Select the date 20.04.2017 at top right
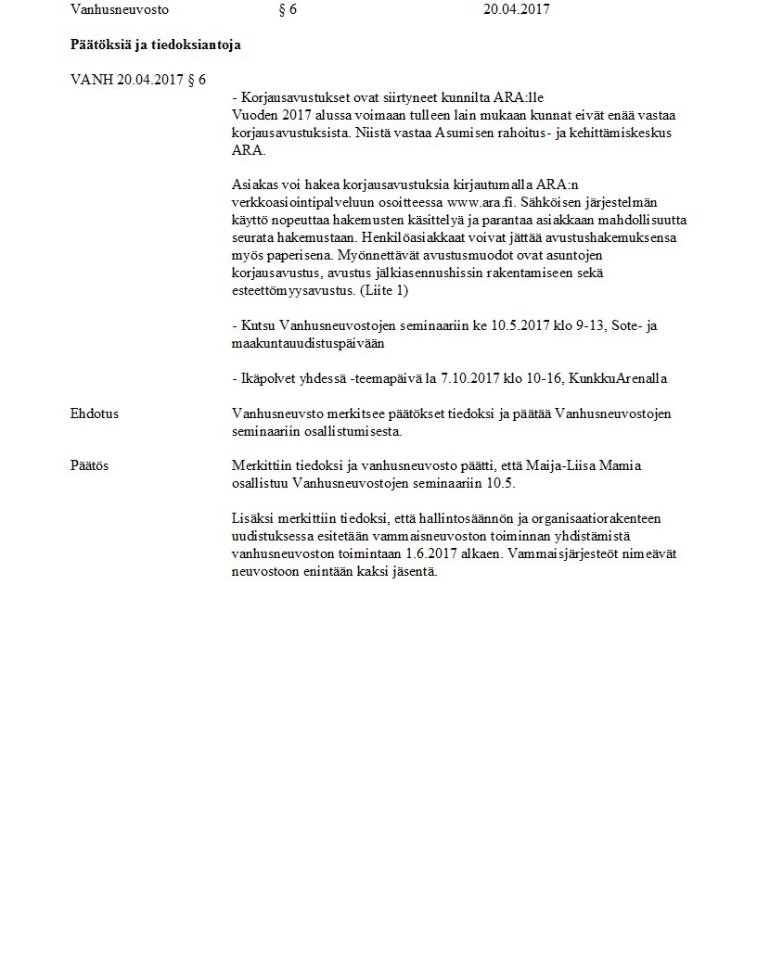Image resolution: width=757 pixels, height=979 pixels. tap(517, 10)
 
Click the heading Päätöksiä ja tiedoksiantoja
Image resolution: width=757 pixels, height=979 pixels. tap(156, 44)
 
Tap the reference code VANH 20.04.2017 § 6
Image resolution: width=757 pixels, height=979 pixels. tap(138, 80)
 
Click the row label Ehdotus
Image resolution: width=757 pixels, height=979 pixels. tap(94, 414)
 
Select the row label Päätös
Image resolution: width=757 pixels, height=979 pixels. tap(89, 465)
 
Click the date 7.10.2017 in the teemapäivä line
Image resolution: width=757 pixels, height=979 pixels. tap(470, 378)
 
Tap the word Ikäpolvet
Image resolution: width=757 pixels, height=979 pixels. tap(267, 378)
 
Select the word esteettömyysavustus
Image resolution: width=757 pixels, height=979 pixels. tap(290, 290)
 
